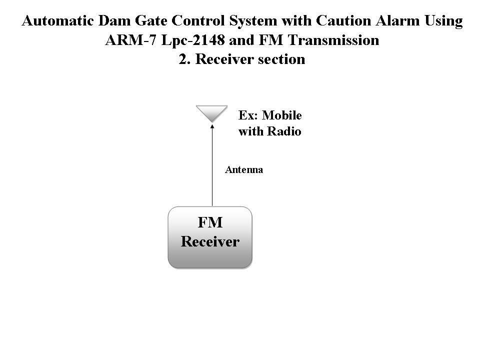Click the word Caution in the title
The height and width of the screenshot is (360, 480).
coord(343,21)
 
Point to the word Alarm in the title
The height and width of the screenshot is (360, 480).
coord(397,21)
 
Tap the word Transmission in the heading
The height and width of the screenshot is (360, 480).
coord(333,40)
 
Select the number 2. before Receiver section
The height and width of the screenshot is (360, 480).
coord(185,59)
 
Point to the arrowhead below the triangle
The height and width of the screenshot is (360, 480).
coord(212,126)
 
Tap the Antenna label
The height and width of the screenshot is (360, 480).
coord(244,169)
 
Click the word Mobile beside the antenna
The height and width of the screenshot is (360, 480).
coord(282,115)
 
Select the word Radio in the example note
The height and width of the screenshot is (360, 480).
coord(284,131)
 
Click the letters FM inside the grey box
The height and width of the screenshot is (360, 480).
coord(210,222)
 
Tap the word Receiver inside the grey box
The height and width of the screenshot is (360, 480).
coord(210,241)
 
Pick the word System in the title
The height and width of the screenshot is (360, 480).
coord(253,21)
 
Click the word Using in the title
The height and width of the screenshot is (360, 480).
coord(443,21)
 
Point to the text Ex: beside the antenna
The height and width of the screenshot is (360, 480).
coord(248,115)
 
